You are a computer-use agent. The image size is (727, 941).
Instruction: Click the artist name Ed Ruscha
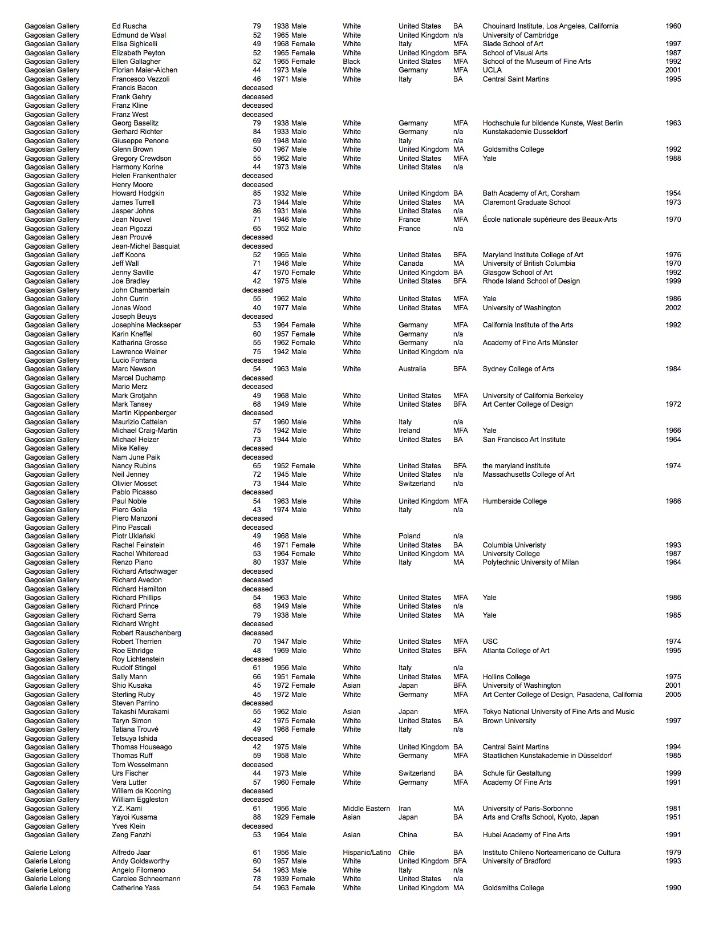pyautogui.click(x=129, y=26)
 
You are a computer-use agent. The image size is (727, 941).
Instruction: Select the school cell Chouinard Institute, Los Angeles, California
pyautogui.click(x=550, y=26)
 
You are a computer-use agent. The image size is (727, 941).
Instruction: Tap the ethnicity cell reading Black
pyautogui.click(x=351, y=62)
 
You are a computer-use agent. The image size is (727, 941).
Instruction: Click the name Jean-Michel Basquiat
pyautogui.click(x=145, y=246)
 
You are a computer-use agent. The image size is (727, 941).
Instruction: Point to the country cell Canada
pyautogui.click(x=411, y=263)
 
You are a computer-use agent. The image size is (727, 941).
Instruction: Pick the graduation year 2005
pyautogui.click(x=673, y=695)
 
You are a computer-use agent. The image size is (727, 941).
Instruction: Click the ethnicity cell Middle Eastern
pyautogui.click(x=366, y=809)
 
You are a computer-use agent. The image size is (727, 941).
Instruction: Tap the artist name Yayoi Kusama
pyautogui.click(x=134, y=817)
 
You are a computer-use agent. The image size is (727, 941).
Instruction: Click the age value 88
pyautogui.click(x=257, y=817)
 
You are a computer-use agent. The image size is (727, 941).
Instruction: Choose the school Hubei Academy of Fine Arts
pyautogui.click(x=526, y=835)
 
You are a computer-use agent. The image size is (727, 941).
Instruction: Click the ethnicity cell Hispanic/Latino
pyautogui.click(x=367, y=853)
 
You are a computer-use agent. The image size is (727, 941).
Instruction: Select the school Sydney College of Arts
pyautogui.click(x=518, y=369)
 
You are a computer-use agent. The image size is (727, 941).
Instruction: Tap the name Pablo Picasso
pyautogui.click(x=134, y=492)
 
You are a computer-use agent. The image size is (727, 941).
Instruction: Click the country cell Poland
pyautogui.click(x=409, y=536)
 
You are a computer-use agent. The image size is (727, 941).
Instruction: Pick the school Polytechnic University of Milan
pyautogui.click(x=530, y=562)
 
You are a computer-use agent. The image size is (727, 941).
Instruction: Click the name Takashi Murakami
pyautogui.click(x=140, y=712)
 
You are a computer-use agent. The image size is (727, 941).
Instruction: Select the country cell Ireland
pyautogui.click(x=409, y=431)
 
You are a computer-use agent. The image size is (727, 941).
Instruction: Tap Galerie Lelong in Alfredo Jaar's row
pyautogui.click(x=47, y=853)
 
